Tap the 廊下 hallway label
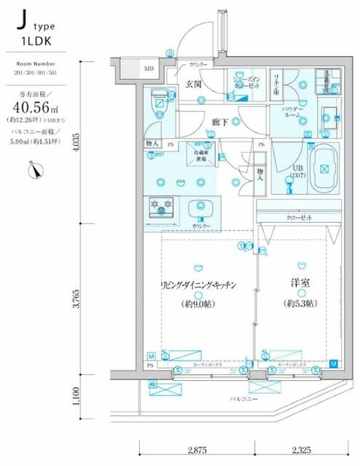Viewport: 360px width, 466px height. click(219, 122)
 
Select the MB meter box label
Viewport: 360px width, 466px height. click(148, 69)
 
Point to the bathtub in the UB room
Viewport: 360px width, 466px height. click(318, 169)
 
